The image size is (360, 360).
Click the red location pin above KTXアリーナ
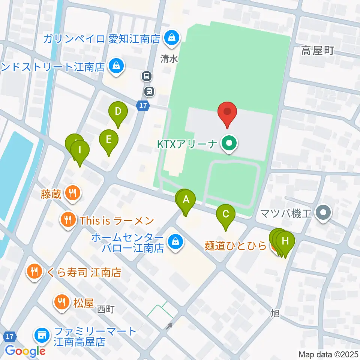click(x=227, y=112)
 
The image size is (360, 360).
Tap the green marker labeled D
click(x=118, y=112)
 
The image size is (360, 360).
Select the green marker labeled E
click(x=108, y=140)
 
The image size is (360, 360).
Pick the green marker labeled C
click(x=226, y=215)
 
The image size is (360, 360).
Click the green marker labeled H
click(x=286, y=240)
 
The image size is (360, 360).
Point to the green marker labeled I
click(x=80, y=151)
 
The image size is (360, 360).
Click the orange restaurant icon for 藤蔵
click(x=71, y=193)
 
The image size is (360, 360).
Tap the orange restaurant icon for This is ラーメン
click(x=68, y=220)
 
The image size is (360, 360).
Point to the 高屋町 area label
click(x=317, y=52)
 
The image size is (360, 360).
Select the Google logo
click(x=25, y=351)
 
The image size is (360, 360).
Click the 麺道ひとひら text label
click(x=235, y=246)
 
